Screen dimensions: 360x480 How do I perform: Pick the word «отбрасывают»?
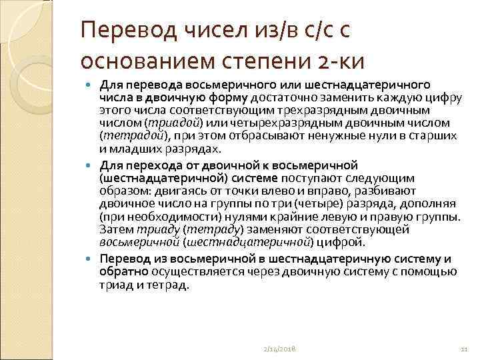[x=249, y=135]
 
